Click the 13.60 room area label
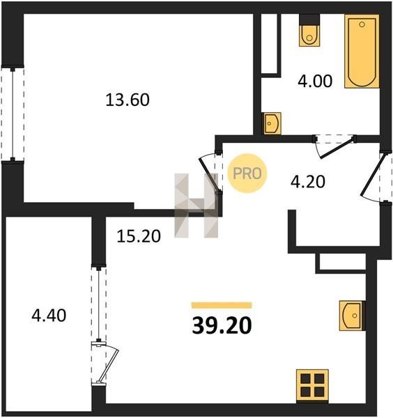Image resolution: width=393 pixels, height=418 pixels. [128, 100]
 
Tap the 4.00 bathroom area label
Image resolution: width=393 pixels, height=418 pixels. [315, 81]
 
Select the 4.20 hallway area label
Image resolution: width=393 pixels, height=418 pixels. [308, 182]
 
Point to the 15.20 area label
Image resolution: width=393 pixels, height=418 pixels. [139, 236]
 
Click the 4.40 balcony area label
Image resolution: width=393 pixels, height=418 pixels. [49, 316]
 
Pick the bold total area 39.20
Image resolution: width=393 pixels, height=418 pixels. [222, 326]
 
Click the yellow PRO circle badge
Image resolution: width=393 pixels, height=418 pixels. [247, 173]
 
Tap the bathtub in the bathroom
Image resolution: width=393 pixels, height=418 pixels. [362, 51]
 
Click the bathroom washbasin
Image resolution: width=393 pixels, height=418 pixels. [272, 123]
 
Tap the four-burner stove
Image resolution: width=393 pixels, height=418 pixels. [312, 385]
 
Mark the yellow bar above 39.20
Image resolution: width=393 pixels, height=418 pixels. [222, 305]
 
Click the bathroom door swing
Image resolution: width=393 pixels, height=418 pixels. [335, 147]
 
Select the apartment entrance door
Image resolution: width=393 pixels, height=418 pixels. [373, 177]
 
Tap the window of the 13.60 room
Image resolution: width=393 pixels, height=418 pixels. [13, 114]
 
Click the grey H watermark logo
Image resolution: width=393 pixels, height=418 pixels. [196, 206]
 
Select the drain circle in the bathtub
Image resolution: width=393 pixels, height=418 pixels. [362, 24]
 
